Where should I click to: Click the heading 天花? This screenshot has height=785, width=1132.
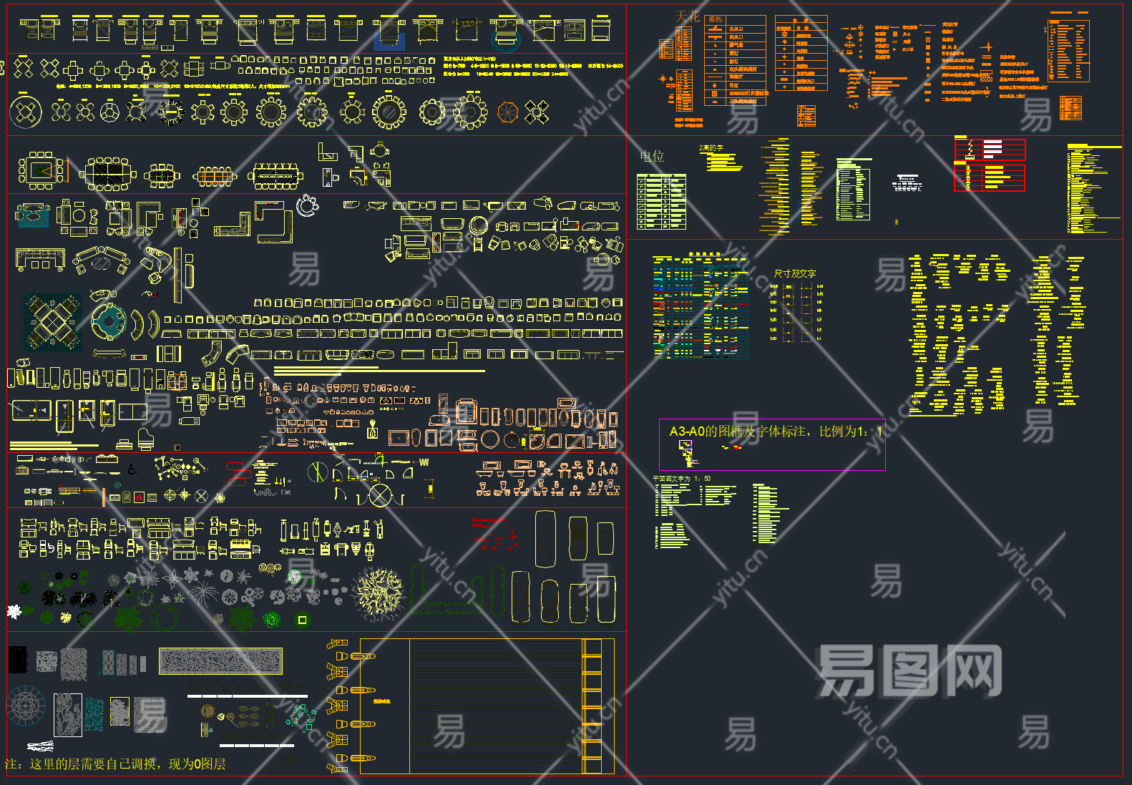688,16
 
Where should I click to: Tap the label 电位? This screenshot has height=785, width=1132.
652,156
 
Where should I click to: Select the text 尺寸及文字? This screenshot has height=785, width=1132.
794,273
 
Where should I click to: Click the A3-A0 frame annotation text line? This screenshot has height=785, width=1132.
776,431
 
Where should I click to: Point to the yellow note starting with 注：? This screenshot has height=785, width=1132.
115,764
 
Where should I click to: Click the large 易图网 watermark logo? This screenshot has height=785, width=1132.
909,671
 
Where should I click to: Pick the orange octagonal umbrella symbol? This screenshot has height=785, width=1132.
507,112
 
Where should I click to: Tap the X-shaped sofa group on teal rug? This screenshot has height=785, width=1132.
52,321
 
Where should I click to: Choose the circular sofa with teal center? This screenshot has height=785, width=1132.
108,322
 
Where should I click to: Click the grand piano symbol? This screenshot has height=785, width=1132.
145,439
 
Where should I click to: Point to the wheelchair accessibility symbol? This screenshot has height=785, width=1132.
132,470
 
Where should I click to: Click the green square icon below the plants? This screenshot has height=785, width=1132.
303,620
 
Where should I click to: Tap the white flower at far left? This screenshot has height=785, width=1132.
14,611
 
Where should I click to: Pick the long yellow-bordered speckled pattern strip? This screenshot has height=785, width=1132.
220,661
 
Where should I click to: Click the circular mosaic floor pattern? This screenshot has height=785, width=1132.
26,705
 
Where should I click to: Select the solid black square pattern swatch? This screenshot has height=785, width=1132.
17,660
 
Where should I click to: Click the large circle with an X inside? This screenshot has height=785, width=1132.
381,494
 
